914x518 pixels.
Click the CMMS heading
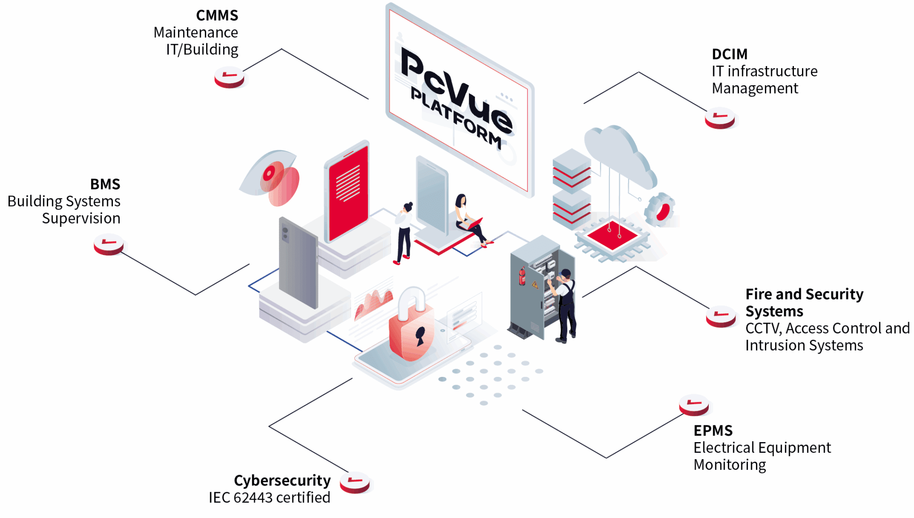coord(217,16)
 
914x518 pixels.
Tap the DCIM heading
coord(729,54)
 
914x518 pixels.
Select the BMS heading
coord(105,184)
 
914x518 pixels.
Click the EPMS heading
coord(713,431)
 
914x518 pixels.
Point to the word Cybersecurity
coord(282,481)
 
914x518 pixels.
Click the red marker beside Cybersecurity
coord(355,483)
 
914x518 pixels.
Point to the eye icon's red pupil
coord(270,173)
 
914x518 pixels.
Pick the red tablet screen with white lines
coord(348,192)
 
